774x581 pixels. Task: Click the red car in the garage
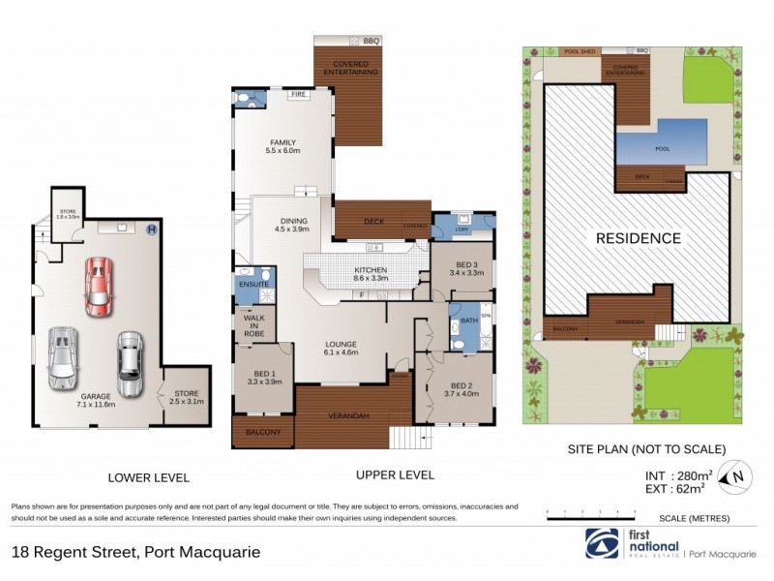coord(98,287)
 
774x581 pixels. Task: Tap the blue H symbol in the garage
coord(151,230)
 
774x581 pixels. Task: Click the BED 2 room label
coord(461,388)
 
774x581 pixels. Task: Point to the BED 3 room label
coord(467,268)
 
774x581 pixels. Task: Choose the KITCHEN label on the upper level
coord(371,272)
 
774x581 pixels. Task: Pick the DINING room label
coord(292,224)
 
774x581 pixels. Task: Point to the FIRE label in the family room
coord(299,96)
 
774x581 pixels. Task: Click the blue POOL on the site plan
coord(662,147)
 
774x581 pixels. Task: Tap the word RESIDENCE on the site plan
coord(638,238)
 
